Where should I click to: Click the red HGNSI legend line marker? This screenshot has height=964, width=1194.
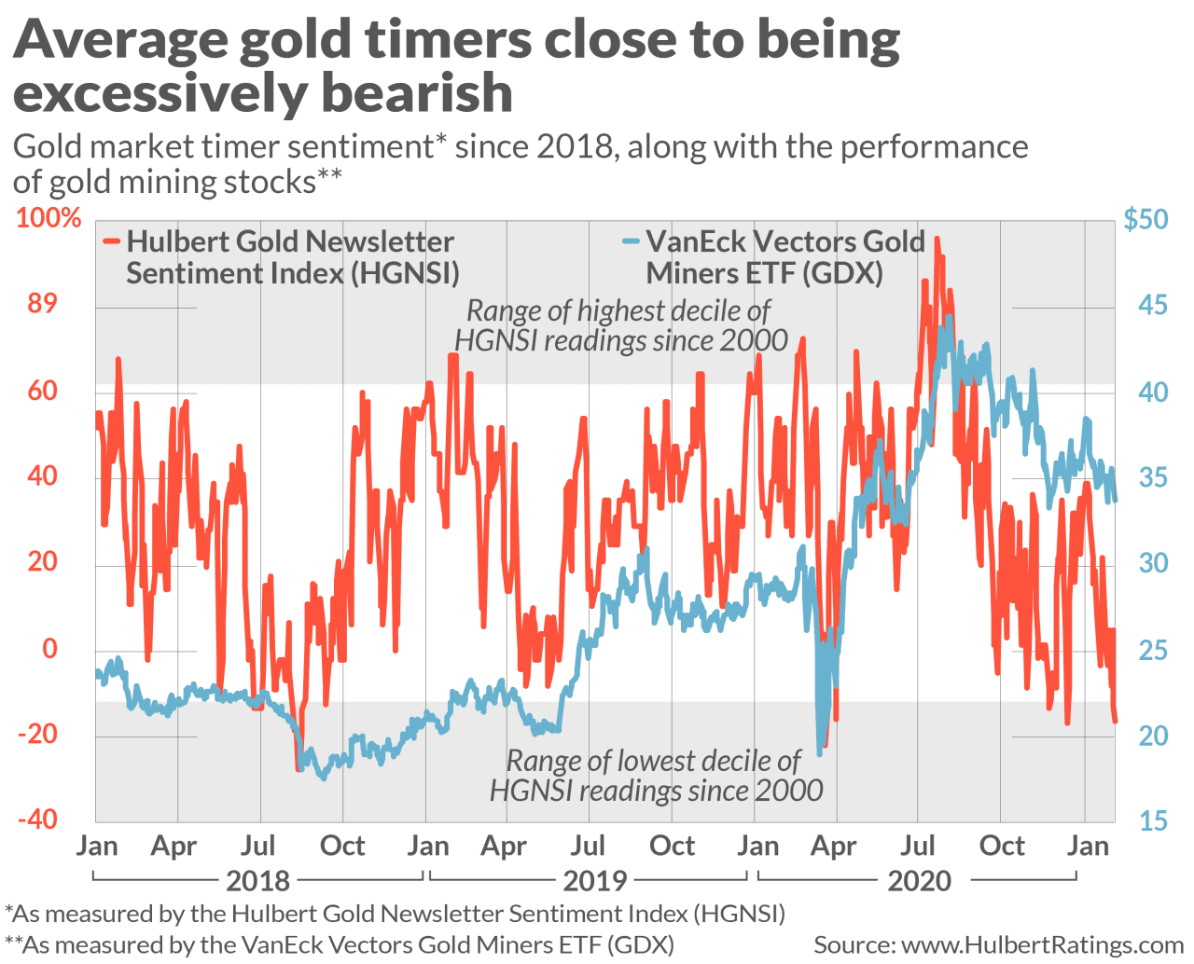(112, 241)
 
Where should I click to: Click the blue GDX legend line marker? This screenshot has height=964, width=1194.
(631, 241)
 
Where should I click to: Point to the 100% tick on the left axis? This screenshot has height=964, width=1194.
(49, 218)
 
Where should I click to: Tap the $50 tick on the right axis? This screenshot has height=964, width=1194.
(1145, 219)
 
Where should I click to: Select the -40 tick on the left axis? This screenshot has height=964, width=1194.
(38, 819)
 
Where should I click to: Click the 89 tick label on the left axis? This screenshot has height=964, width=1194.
(42, 303)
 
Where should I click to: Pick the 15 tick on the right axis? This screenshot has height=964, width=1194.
(1153, 820)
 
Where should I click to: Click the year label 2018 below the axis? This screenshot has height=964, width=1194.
(258, 880)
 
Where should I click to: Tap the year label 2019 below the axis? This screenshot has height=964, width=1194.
(595, 880)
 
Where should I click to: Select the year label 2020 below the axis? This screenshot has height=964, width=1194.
(920, 880)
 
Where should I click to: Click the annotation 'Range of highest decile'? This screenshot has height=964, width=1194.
(618, 310)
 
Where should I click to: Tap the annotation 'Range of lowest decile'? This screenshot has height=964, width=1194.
(653, 761)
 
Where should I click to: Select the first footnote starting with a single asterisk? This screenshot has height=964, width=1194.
(396, 913)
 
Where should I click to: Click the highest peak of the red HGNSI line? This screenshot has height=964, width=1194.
(937, 240)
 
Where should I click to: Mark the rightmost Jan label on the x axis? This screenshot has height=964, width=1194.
(1088, 846)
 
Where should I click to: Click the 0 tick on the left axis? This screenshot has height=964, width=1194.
(50, 648)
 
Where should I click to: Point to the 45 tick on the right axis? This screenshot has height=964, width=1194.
(1153, 305)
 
